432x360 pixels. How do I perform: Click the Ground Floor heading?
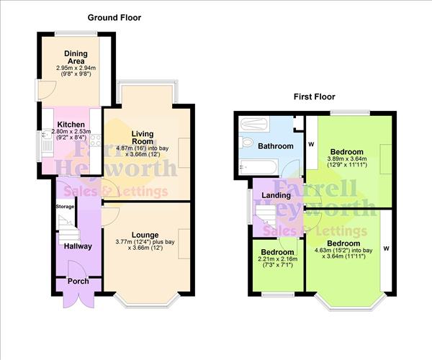coord(114,17)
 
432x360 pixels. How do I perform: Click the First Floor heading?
coord(315,97)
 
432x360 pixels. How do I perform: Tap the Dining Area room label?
coord(76,58)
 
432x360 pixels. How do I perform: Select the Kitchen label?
coord(71,125)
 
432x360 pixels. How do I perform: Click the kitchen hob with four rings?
coord(96,140)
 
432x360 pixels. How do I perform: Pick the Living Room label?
coord(142,138)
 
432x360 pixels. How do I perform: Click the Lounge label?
coord(145,235)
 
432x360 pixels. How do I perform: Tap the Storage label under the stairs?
coord(65,207)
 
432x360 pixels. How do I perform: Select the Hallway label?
coord(78,246)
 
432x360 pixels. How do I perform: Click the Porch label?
coord(78,282)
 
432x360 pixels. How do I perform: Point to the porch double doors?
coord(78,298)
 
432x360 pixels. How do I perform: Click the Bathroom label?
coord(276,146)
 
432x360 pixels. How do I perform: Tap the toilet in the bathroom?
coord(246,143)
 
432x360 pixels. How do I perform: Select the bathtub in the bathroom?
coord(258,167)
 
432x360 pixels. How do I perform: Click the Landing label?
coord(276,195)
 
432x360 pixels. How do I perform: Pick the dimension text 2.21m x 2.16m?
coord(278,259)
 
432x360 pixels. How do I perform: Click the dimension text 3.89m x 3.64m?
coord(347,158)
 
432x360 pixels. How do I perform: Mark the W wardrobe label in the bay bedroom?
coord(386,248)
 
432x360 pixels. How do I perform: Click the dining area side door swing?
coord(48,90)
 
